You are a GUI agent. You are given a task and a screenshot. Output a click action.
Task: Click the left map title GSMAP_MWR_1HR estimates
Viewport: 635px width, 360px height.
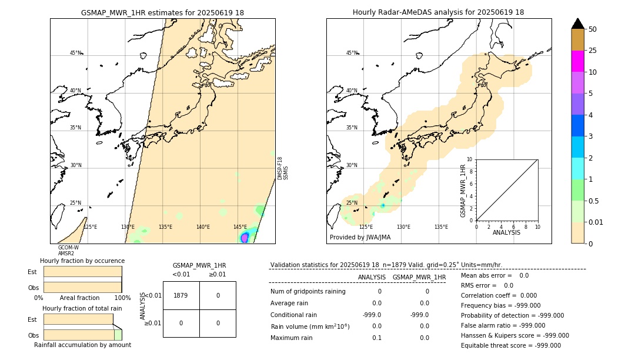click(162, 12)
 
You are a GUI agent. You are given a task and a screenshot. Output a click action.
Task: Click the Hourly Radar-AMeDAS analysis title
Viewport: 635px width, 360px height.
click(438, 12)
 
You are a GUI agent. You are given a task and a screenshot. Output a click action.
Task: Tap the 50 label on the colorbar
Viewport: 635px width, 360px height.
click(593, 29)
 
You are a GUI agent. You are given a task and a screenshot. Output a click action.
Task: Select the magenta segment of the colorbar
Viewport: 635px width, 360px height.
click(577, 61)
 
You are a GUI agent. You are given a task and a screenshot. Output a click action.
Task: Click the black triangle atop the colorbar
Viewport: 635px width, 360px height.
click(577, 24)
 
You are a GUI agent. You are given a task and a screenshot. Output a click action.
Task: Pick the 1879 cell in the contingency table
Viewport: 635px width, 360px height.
click(181, 295)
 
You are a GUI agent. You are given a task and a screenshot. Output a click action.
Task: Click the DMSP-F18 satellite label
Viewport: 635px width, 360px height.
click(280, 168)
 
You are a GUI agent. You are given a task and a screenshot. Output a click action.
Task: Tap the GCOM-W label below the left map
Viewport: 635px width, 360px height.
click(68, 248)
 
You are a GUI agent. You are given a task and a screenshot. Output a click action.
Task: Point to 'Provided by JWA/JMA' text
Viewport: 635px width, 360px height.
click(360, 238)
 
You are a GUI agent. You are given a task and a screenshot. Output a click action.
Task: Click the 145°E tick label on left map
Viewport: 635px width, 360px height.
click(240, 227)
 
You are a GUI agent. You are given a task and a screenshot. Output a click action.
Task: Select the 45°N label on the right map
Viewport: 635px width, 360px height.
click(352, 53)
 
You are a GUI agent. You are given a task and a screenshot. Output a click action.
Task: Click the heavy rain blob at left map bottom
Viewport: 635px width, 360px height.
click(245, 237)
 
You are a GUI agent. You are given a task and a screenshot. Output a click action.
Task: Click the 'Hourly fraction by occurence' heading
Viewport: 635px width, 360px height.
click(82, 261)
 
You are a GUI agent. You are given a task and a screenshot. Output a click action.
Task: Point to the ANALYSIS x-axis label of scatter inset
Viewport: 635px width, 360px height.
click(507, 232)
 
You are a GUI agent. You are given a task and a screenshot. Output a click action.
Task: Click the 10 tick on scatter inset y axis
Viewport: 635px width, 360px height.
click(469, 159)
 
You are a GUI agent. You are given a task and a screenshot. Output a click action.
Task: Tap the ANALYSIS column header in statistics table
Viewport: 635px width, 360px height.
click(372, 277)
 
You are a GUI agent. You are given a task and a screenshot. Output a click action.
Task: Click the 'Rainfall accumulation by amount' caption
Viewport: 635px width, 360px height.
click(82, 345)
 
